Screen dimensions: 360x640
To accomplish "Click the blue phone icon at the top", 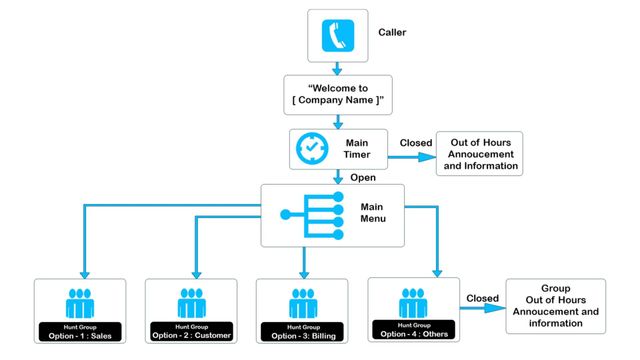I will point(337,36).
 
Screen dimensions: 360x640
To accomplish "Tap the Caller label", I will point(392,32).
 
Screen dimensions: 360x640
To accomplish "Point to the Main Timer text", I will point(358,149).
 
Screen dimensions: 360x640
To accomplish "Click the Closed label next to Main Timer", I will point(416,143).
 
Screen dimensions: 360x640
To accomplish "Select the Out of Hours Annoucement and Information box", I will point(479,152).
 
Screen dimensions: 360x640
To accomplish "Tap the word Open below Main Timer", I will point(363,178).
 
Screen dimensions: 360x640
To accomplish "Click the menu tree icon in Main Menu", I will point(313,213).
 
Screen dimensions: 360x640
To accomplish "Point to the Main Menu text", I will point(374,214).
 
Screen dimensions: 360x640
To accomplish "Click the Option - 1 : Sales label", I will point(80,335).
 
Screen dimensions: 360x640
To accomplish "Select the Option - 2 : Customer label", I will point(191,335).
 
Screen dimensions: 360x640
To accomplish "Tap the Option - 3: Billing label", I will point(302,335).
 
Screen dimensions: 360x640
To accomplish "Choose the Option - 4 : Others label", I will point(414,332).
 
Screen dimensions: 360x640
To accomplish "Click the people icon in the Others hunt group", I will point(414,300).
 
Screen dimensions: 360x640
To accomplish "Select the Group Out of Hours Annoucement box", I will point(557,304).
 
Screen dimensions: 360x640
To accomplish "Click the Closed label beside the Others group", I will point(481,297).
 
